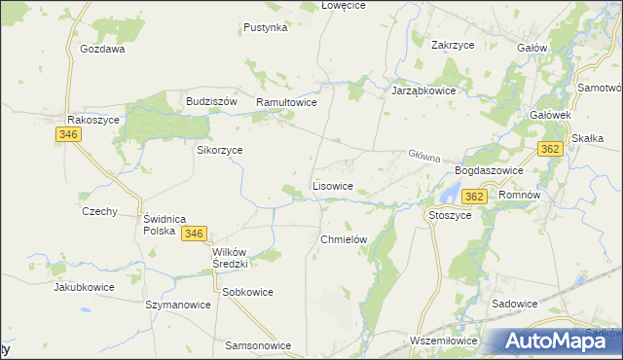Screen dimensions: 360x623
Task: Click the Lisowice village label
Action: pyautogui.click(x=339, y=185)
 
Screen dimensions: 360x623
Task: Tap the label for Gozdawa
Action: pyautogui.click(x=102, y=49)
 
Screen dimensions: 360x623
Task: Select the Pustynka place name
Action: pyautogui.click(x=266, y=28)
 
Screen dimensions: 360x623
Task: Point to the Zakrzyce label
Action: pyautogui.click(x=453, y=44)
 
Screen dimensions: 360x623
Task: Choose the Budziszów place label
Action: pyautogui.click(x=211, y=101)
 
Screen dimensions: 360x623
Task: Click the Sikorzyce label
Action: pyautogui.click(x=220, y=151)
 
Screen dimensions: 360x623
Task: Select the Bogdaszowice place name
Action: pyautogui.click(x=490, y=170)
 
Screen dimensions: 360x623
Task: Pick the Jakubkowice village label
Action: pyautogui.click(x=84, y=288)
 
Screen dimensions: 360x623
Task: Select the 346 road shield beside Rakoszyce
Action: pyautogui.click(x=67, y=135)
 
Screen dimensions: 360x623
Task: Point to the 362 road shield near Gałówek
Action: pyautogui.click(x=550, y=149)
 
